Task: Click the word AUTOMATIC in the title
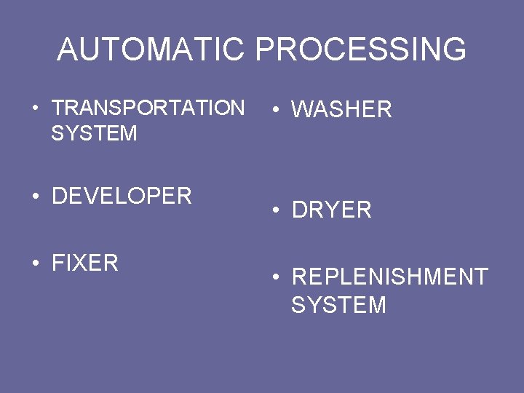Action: coord(151,49)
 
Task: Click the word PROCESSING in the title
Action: coord(361,49)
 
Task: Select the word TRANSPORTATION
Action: coord(148,108)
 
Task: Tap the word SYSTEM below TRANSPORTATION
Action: coord(95,133)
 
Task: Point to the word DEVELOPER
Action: coord(122,196)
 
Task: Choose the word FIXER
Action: coord(85,263)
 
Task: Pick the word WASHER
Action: coord(341,110)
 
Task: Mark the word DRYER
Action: coord(331,210)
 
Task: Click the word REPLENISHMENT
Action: coord(389,277)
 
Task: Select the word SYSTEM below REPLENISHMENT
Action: coord(338,305)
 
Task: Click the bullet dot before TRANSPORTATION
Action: coord(35,109)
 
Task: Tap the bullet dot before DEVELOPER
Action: coord(35,196)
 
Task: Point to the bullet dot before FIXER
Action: coord(35,263)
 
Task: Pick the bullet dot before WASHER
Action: coord(275,111)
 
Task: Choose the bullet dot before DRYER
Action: coord(275,211)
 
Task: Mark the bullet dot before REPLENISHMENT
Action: coord(275,278)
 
